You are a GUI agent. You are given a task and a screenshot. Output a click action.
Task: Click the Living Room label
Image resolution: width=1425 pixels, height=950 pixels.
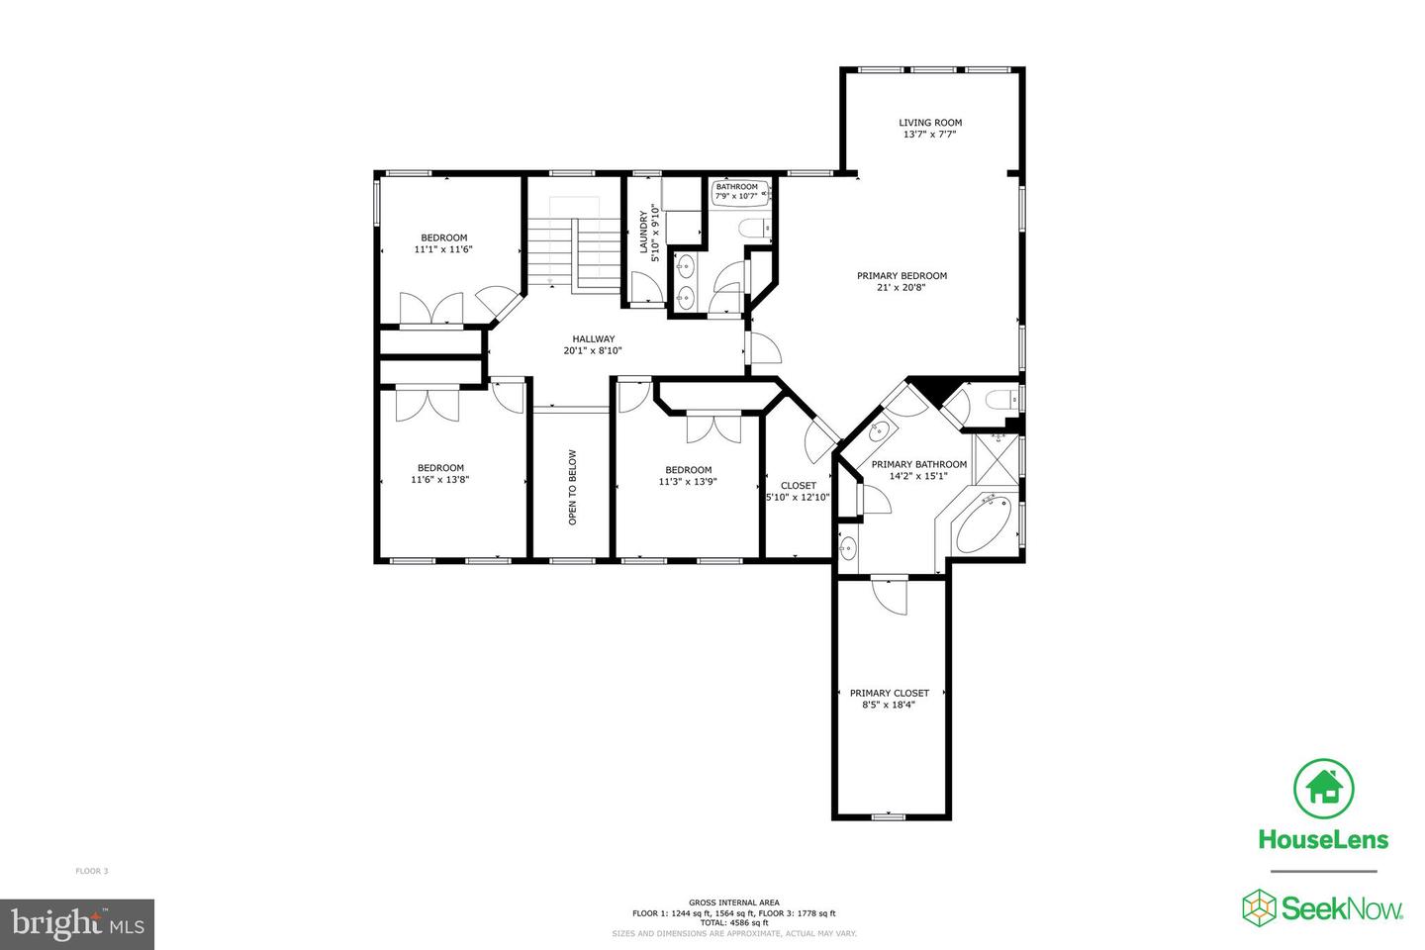(x=929, y=123)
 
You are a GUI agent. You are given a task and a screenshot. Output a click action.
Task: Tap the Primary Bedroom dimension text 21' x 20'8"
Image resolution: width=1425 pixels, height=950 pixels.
(x=902, y=288)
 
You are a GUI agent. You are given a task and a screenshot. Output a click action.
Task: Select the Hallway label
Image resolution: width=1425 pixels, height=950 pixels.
(x=593, y=338)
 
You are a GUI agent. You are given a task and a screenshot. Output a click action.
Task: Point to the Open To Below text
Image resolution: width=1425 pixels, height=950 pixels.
(x=572, y=487)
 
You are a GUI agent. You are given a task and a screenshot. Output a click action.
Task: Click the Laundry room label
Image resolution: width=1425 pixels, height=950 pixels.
(x=643, y=232)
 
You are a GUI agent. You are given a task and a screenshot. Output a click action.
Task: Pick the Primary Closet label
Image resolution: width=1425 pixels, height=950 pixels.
(x=889, y=693)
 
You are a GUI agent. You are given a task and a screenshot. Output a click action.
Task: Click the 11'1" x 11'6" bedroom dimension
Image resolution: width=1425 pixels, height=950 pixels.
(x=443, y=249)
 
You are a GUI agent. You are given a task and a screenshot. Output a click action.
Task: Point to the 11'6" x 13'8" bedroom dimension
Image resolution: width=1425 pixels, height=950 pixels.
(x=439, y=480)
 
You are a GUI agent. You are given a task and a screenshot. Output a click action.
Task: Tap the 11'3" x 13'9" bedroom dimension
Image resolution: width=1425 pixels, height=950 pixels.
(x=688, y=482)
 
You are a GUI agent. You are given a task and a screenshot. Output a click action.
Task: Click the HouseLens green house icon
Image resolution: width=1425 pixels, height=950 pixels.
(x=1323, y=788)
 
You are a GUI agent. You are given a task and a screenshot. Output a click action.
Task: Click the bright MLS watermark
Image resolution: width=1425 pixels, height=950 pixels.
(x=77, y=924)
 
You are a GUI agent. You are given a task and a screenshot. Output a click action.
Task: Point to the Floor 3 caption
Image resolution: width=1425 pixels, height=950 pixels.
(x=92, y=871)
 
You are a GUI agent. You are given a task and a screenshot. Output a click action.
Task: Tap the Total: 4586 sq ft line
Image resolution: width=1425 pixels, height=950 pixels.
(x=734, y=922)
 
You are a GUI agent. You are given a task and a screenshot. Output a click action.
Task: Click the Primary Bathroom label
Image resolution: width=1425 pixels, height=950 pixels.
(x=918, y=464)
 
